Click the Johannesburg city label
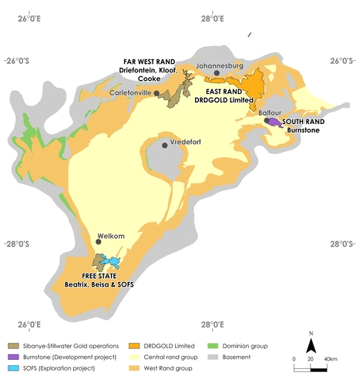click(x=220, y=66)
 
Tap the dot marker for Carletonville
click(x=156, y=93)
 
